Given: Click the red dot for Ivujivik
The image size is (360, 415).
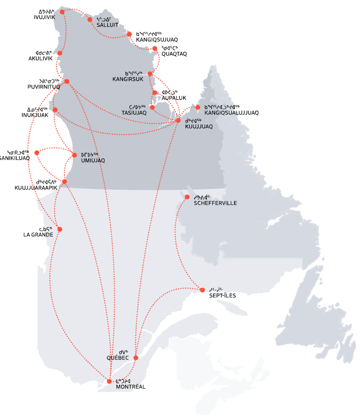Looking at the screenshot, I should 62,11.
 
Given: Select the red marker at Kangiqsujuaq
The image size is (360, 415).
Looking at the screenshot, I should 129,34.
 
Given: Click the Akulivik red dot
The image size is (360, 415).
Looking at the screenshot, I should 60,53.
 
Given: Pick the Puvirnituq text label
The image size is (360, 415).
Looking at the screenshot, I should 43,87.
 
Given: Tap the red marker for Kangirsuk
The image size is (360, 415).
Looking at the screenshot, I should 150,74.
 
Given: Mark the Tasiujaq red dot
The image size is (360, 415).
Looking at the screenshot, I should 152,108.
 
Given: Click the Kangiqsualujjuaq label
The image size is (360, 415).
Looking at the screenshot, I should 232,113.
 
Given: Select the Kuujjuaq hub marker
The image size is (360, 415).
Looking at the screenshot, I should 178,120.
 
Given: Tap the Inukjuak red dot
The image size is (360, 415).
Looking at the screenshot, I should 55,109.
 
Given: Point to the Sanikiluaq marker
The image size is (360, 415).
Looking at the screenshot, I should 37,153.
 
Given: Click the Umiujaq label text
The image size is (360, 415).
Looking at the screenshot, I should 93,160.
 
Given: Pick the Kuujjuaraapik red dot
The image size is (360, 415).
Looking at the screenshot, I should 64,182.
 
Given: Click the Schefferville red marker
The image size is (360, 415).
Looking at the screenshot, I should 187,197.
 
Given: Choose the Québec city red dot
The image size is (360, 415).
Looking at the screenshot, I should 136,358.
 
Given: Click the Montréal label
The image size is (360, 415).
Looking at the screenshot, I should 130,386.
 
